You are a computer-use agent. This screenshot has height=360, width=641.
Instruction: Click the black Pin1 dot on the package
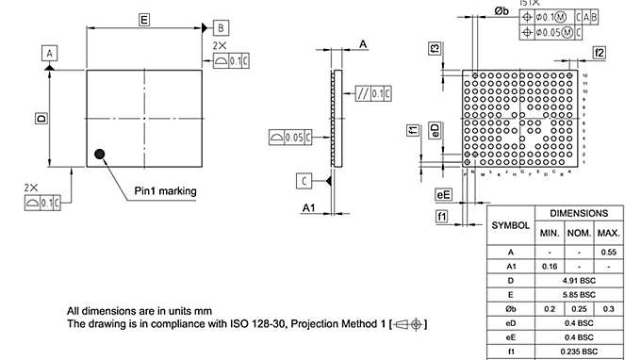tap(99, 154)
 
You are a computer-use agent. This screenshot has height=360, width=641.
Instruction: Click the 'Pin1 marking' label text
tap(165, 191)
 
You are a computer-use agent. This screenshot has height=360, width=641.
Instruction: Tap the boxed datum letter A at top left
tap(48, 54)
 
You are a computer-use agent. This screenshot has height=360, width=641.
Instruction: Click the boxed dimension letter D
tap(41, 119)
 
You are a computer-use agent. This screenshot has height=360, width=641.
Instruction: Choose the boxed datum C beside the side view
tap(304, 180)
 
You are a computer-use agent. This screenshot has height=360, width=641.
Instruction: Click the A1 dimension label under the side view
tap(308, 206)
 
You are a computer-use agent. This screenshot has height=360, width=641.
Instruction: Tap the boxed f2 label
tap(600, 52)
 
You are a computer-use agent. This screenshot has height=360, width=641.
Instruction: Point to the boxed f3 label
tap(435, 48)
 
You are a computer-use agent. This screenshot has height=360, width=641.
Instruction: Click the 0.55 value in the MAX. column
tap(608, 253)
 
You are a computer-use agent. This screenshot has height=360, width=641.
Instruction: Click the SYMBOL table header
tap(510, 226)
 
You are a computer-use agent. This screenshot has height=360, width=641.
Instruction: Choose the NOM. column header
tap(578, 233)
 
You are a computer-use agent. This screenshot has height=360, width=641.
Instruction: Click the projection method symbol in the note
tap(411, 324)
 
